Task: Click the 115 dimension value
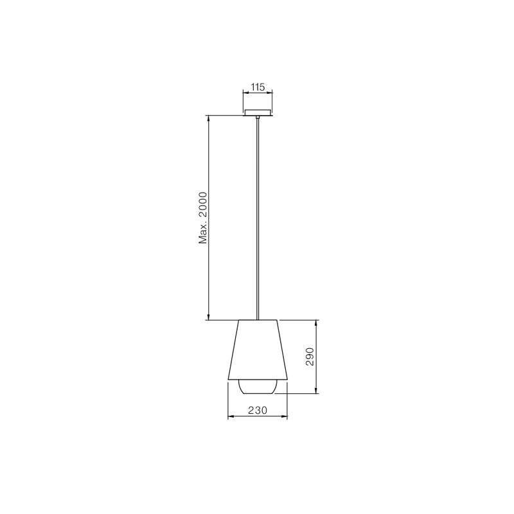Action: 258,87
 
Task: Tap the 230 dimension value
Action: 258,410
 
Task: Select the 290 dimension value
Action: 310,357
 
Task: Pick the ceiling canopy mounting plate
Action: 258,112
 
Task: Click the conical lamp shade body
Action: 258,350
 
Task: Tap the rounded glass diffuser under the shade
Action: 258,387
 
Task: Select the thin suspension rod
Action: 258,218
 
